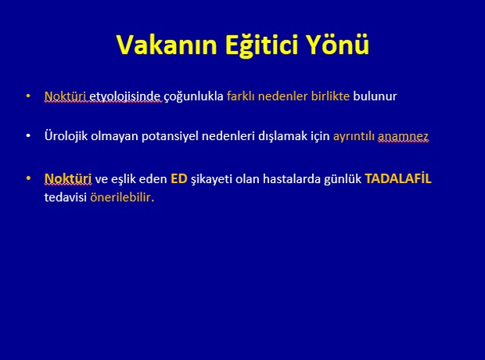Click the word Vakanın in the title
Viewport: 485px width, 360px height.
point(167,45)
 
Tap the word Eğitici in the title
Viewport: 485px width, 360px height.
point(261,45)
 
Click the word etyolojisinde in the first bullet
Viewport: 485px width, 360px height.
point(125,96)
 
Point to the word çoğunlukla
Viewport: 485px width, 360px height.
point(193,96)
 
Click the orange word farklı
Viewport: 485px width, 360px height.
point(241,96)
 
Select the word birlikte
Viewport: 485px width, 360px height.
point(330,96)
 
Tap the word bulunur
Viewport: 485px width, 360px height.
point(375,96)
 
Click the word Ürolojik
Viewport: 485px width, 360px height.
point(66,135)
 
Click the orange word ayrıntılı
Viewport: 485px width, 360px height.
point(354,136)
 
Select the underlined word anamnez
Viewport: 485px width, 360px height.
point(403,136)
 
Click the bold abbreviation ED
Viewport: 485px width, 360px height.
point(179,179)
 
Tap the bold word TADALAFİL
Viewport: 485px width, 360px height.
point(398,178)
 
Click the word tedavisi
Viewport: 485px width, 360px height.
point(65,197)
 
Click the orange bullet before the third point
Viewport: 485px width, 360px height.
point(28,178)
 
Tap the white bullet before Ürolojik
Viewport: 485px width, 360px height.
point(28,135)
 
